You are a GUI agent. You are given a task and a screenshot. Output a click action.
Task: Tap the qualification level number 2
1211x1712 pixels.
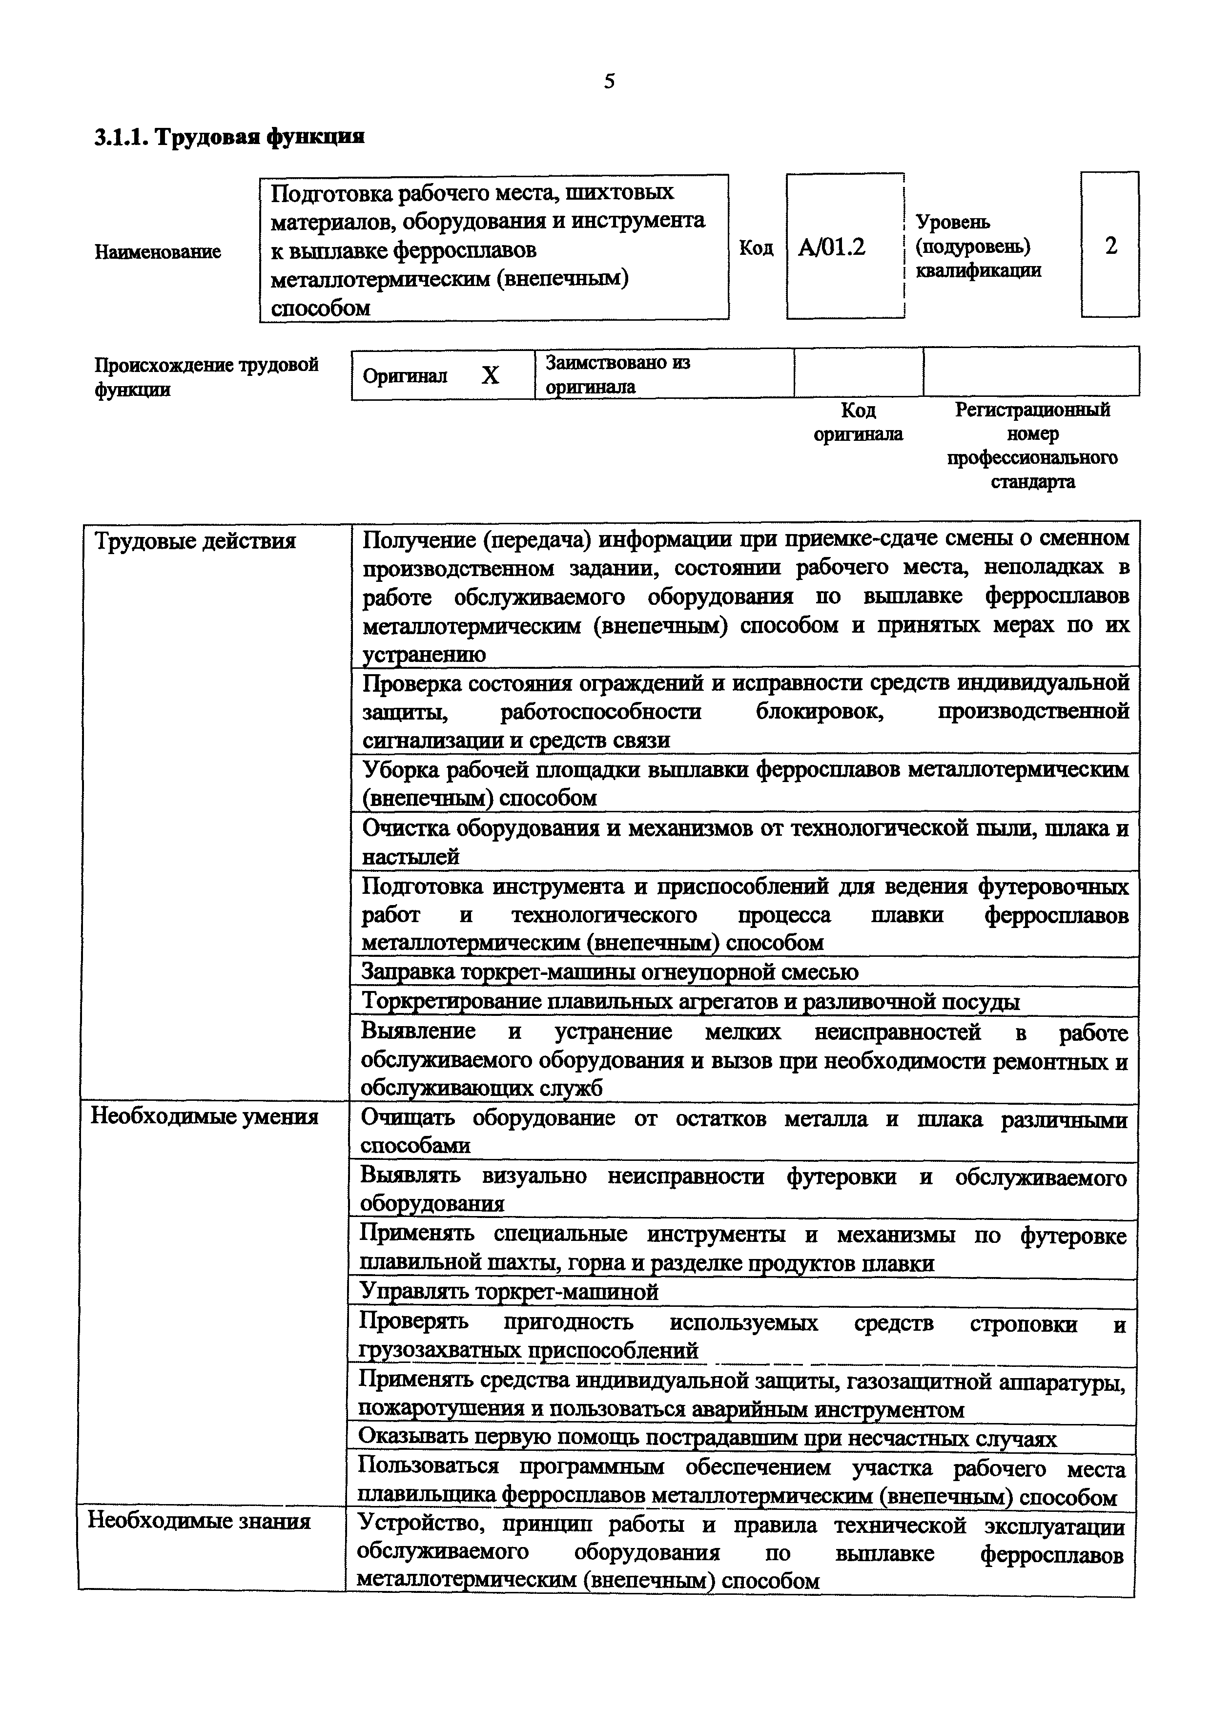1110,246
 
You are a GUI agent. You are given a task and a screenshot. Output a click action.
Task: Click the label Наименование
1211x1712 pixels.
158,252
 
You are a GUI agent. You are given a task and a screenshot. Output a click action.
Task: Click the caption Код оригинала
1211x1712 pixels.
858,422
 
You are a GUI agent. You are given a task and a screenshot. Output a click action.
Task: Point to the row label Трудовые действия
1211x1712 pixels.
195,540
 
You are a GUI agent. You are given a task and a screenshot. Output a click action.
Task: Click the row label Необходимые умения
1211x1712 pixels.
205,1116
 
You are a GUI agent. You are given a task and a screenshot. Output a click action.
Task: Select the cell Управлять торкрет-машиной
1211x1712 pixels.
509,1292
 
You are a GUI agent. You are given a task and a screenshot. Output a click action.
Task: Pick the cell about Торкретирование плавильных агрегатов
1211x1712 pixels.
690,1001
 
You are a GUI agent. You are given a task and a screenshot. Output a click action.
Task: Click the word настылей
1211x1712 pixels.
411,857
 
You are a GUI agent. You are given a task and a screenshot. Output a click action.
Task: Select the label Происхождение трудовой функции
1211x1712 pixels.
206,376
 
